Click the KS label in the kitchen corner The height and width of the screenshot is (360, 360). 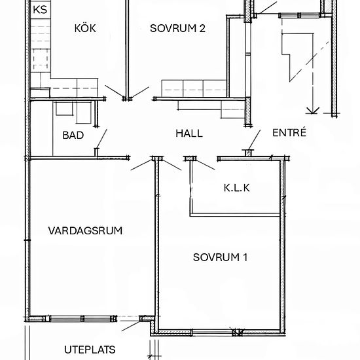coord(40,10)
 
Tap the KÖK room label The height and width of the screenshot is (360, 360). coord(85,28)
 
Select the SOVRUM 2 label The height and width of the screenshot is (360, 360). coord(177,28)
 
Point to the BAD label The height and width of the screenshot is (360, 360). coord(73,135)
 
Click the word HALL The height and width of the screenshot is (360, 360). coord(189,133)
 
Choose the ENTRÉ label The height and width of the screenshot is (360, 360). coord(289,133)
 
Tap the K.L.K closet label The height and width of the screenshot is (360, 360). coord(238,188)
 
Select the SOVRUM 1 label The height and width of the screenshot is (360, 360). coord(220,257)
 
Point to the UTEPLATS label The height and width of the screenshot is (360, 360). coord(90,348)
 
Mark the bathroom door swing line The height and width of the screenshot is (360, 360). coord(101,139)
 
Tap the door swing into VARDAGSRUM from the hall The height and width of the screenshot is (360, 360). coord(141,164)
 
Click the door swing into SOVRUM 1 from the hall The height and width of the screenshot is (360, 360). coord(171,164)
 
